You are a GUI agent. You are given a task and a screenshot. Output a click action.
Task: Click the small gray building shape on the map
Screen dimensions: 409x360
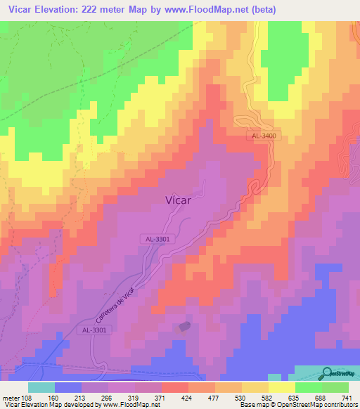coord(185,325)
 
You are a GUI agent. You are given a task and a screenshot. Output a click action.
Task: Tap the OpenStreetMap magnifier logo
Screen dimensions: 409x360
coord(327,372)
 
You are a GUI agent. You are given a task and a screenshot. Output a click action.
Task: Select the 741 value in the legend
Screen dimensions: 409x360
coord(347,397)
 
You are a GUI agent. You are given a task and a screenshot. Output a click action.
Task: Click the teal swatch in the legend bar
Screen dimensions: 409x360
coord(41,387)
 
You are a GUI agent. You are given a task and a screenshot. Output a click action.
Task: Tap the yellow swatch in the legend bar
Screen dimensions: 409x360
coord(281,387)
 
